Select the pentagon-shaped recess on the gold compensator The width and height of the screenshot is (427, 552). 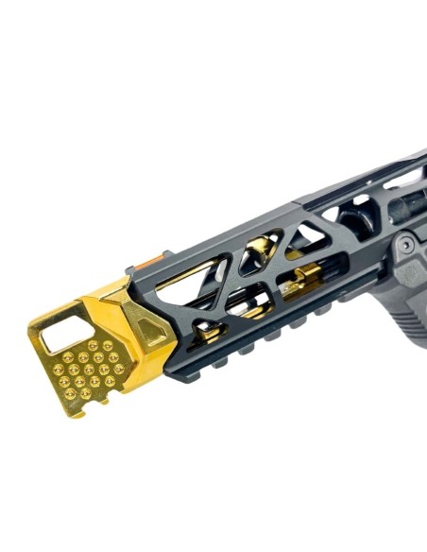149,327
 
